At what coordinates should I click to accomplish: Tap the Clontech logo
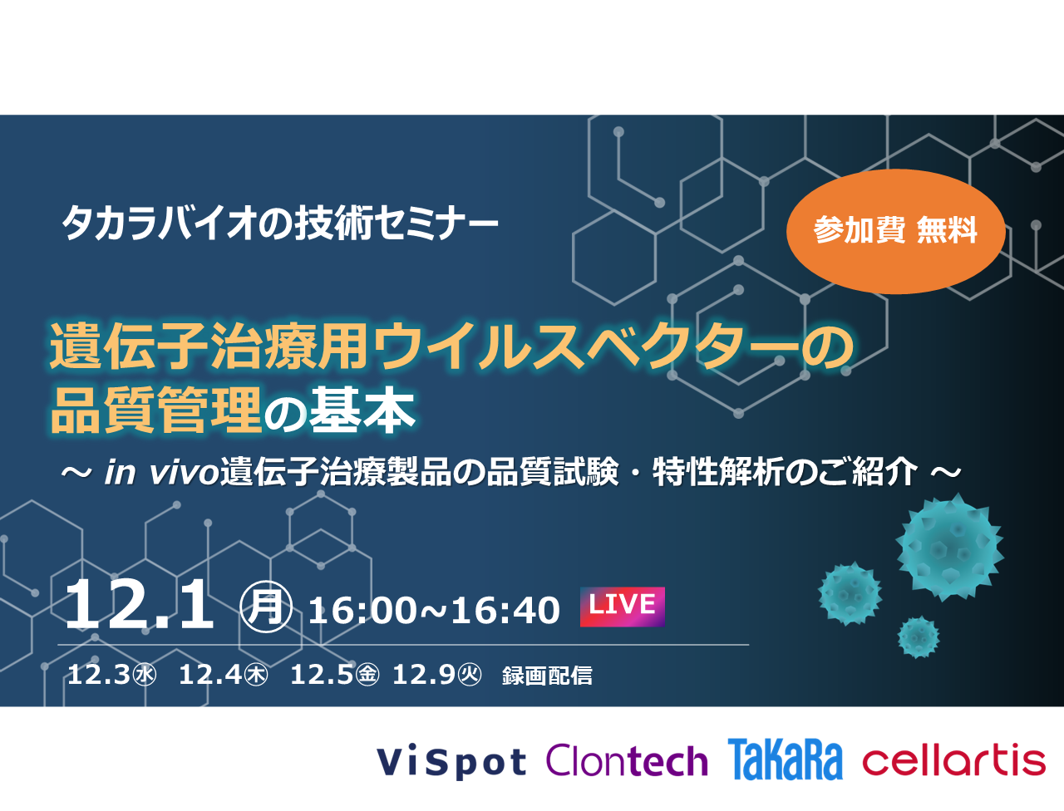pyautogui.click(x=627, y=760)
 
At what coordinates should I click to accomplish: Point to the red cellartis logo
pyautogui.click(x=953, y=759)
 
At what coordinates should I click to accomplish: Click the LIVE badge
pyautogui.click(x=623, y=607)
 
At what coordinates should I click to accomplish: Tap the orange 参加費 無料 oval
pyautogui.click(x=895, y=231)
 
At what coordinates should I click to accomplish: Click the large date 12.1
pyautogui.click(x=139, y=605)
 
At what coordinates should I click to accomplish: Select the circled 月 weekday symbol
pyautogui.click(x=266, y=607)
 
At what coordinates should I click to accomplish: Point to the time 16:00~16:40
pyautogui.click(x=434, y=611)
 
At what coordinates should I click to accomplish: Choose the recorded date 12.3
pyautogui.click(x=111, y=675)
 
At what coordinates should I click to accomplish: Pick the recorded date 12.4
pyautogui.click(x=223, y=675)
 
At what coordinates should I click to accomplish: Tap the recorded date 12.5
pyautogui.click(x=334, y=675)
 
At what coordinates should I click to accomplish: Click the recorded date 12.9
pyautogui.click(x=436, y=675)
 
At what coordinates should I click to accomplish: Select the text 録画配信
pyautogui.click(x=547, y=676)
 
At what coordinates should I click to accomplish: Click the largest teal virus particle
pyautogui.click(x=949, y=548)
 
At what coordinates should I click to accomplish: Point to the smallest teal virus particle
pyautogui.click(x=918, y=637)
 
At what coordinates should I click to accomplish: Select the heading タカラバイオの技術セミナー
pyautogui.click(x=280, y=224)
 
